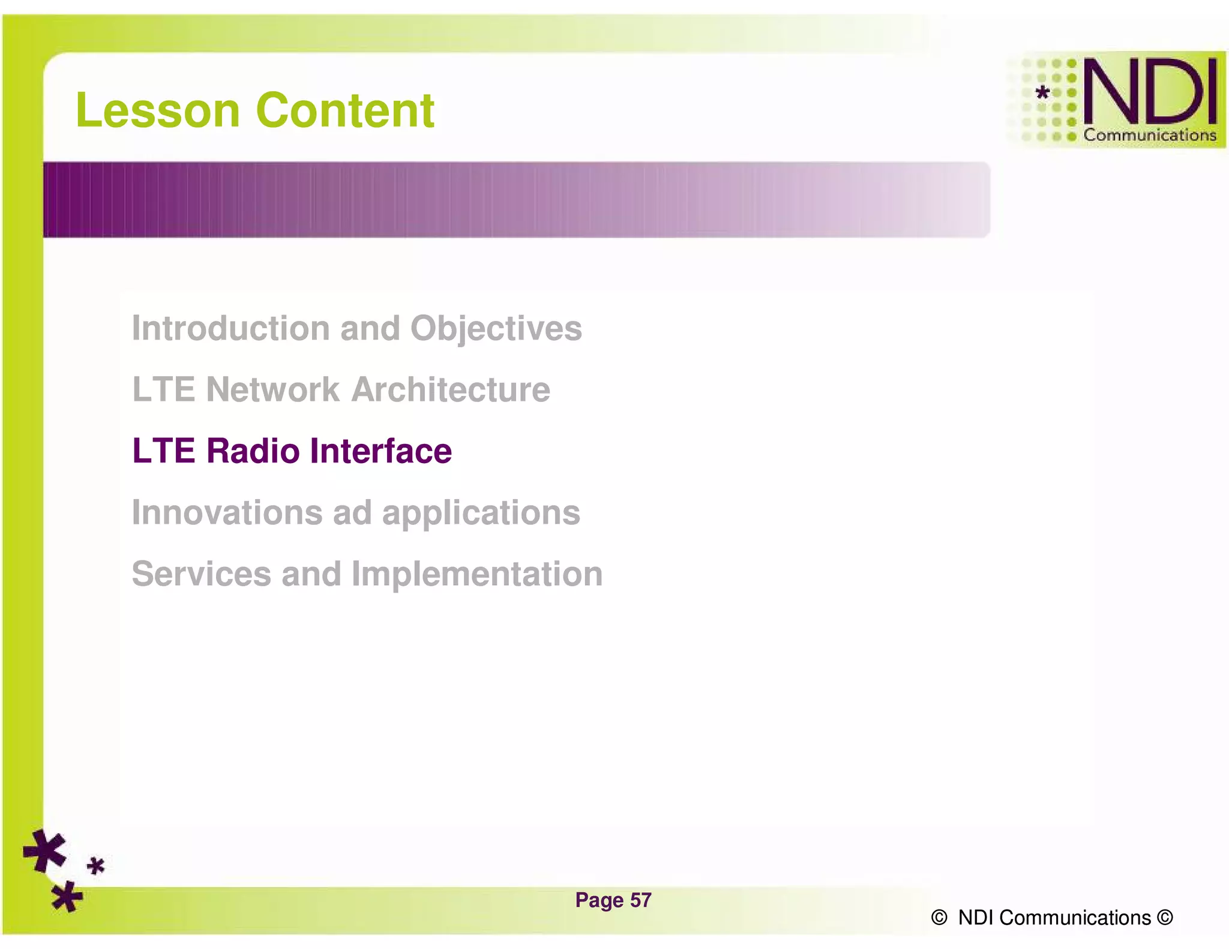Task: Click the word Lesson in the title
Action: coord(157,111)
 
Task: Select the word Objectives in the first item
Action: coord(496,329)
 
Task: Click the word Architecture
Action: coord(450,390)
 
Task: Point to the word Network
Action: coord(272,390)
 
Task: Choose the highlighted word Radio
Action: coord(253,451)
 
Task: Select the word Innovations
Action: coord(227,513)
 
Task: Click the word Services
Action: coord(201,574)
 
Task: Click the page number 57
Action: coord(640,900)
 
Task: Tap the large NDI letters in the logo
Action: coord(1149,92)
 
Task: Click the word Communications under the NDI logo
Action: coord(1149,136)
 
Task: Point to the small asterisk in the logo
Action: coord(1043,92)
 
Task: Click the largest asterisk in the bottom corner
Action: coord(44,851)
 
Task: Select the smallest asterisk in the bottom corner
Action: coord(95,866)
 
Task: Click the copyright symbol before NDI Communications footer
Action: coord(939,918)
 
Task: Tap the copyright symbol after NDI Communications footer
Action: coord(1165,918)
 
